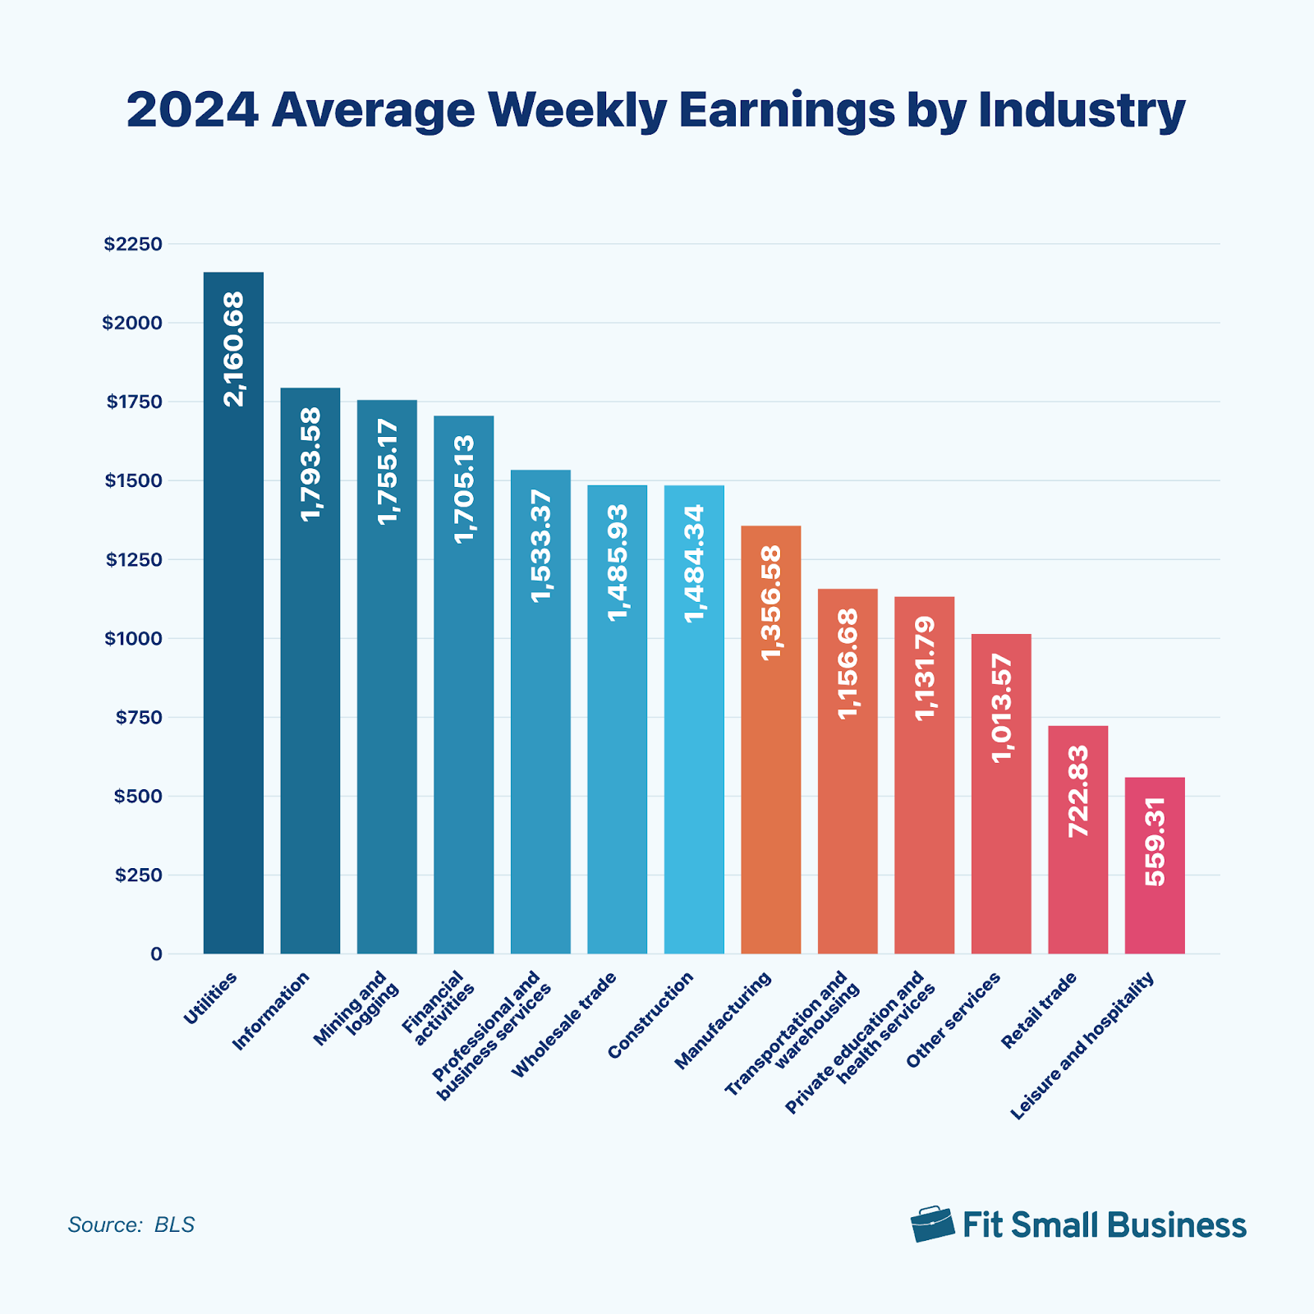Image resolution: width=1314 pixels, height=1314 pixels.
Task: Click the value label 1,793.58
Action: point(310,464)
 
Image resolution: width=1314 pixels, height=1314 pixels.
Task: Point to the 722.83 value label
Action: point(1078,791)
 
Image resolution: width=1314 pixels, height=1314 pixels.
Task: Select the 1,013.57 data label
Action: point(1001,708)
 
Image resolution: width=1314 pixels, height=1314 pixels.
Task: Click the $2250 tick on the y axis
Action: point(133,244)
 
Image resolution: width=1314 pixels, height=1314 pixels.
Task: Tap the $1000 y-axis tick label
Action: point(133,638)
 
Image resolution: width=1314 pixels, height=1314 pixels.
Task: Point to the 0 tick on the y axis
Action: point(156,954)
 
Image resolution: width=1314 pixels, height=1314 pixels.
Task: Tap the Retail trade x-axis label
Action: point(1038,1010)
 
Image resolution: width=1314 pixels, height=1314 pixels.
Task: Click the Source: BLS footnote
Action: point(131,1224)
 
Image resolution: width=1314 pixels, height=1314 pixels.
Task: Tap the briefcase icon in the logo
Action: point(932,1224)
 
